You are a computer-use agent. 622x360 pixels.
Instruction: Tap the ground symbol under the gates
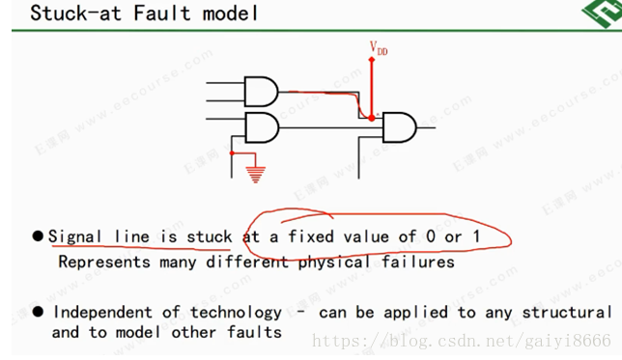click(x=256, y=176)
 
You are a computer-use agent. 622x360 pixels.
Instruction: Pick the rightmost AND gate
click(x=399, y=125)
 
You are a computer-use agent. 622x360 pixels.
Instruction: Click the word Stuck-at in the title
click(x=69, y=14)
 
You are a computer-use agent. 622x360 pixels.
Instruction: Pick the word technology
click(x=236, y=312)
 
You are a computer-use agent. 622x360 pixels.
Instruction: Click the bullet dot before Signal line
click(x=39, y=236)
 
